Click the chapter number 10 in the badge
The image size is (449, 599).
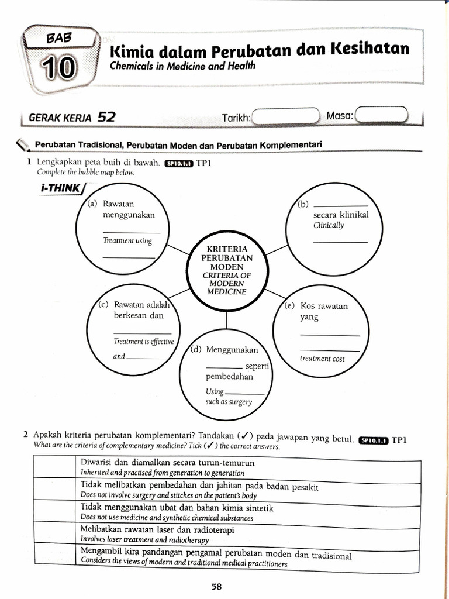pyautogui.click(x=58, y=68)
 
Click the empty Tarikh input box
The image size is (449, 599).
pyautogui.click(x=286, y=116)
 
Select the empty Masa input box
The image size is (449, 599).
pyautogui.click(x=382, y=115)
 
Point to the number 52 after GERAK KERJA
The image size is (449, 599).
pyautogui.click(x=106, y=116)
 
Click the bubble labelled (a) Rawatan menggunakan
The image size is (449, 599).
pyautogui.click(x=123, y=232)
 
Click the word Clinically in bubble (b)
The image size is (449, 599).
pyautogui.click(x=329, y=225)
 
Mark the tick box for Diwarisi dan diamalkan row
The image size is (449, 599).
pyautogui.click(x=54, y=467)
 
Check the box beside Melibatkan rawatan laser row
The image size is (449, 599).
pyautogui.click(x=54, y=533)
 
